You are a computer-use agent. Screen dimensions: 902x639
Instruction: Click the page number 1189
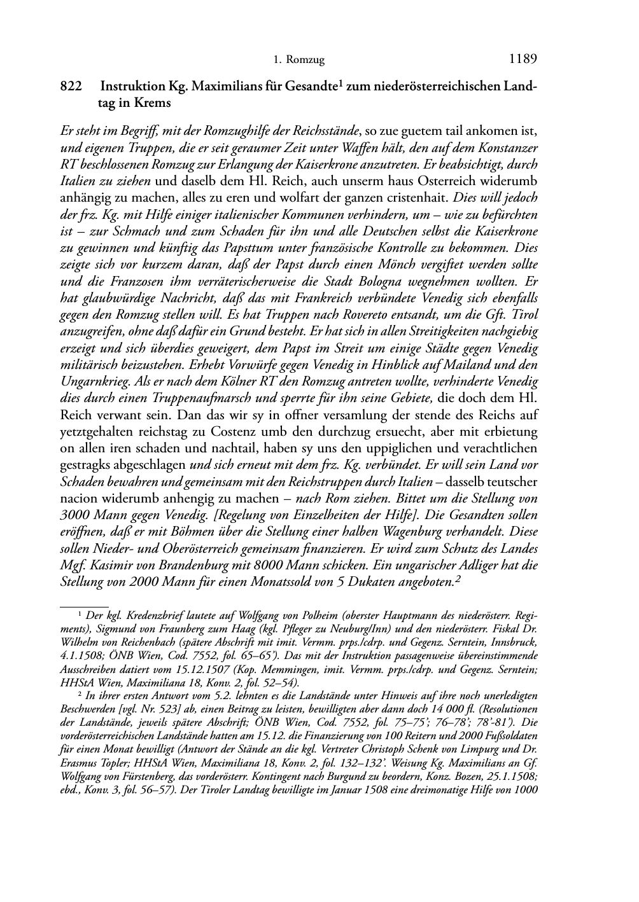pyautogui.click(x=523, y=59)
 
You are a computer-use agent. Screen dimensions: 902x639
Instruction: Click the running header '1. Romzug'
pyautogui.click(x=298, y=60)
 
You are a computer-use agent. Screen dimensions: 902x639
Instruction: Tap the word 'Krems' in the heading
pyautogui.click(x=153, y=103)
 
